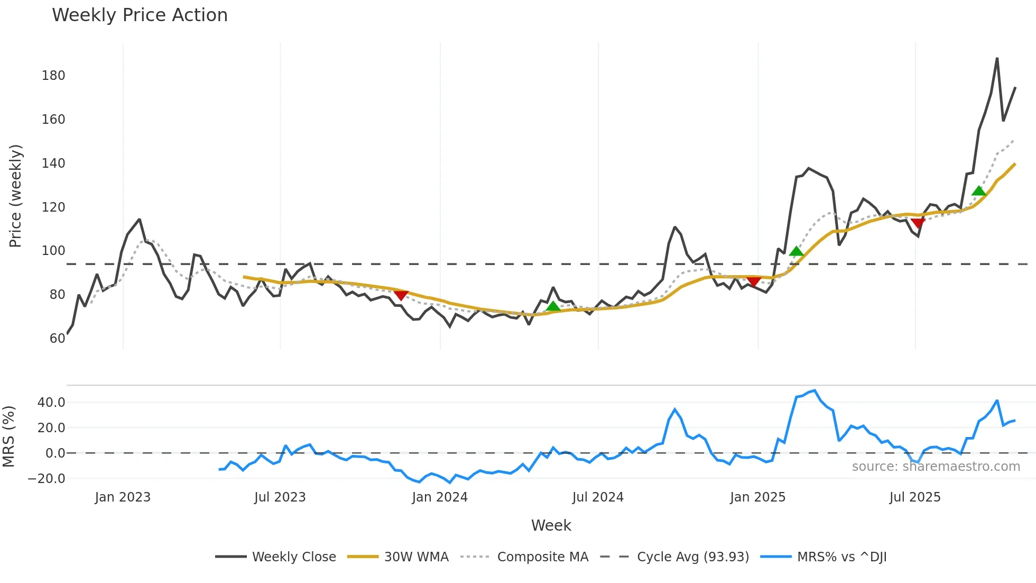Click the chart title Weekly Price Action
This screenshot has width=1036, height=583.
coord(140,15)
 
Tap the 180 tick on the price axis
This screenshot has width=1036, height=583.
coord(53,76)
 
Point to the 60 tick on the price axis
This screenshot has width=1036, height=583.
coord(57,339)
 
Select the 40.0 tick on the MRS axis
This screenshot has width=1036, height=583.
coord(51,403)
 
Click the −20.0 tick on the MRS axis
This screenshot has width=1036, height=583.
coord(47,479)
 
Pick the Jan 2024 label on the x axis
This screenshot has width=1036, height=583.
coord(440,497)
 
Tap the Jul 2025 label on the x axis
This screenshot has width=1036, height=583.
coord(915,497)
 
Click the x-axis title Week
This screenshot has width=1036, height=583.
coord(551,525)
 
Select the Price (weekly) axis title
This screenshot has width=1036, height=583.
coord(16,196)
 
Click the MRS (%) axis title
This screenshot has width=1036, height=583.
coord(8,436)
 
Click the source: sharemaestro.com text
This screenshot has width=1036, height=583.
coord(936,467)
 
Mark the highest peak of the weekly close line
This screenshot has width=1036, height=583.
coord(997,58)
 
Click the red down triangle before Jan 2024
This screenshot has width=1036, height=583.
coord(401,295)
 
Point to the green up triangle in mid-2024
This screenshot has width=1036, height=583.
coord(553,306)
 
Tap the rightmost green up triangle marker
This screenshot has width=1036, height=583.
coord(978,191)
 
